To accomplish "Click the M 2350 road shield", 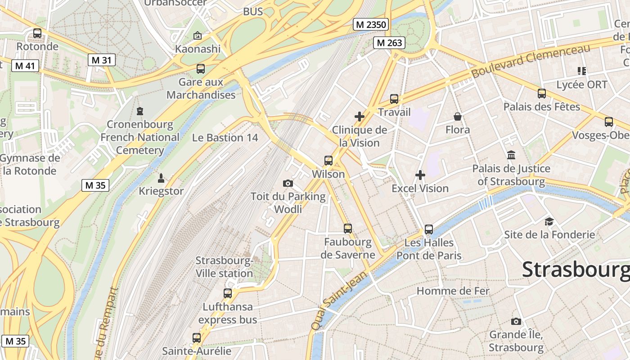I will (x=370, y=25).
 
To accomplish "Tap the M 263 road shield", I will (x=389, y=43).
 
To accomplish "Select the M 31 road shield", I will (x=101, y=60).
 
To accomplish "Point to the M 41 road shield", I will (x=25, y=66).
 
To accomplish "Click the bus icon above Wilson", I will (x=328, y=161).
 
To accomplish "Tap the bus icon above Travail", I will (x=394, y=99).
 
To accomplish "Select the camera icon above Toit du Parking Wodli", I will (x=288, y=183).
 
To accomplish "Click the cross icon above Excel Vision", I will (x=420, y=175).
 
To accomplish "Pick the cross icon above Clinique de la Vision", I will (x=360, y=117).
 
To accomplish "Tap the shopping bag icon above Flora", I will (x=458, y=117).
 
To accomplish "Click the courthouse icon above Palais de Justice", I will (x=511, y=155).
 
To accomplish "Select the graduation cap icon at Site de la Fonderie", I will (x=549, y=221).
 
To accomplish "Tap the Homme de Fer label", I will (x=453, y=291).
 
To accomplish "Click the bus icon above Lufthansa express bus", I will (x=228, y=293).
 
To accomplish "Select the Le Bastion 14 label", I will (x=225, y=138).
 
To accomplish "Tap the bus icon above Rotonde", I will (x=37, y=33).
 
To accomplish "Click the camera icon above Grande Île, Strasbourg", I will (x=516, y=321).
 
